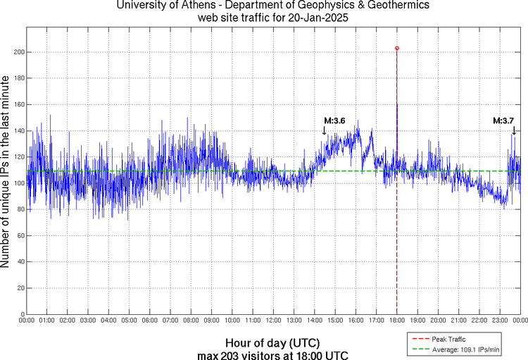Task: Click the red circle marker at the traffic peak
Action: click(x=397, y=49)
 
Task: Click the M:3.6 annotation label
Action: click(x=334, y=120)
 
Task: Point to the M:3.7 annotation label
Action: click(x=503, y=120)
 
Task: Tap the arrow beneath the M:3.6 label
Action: click(x=325, y=130)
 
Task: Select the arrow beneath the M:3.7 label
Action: click(x=514, y=130)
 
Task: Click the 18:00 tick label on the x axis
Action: click(x=397, y=321)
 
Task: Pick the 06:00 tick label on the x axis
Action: click(x=150, y=321)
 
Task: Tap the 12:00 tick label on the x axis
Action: click(x=274, y=321)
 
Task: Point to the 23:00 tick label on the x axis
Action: click(x=500, y=321)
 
